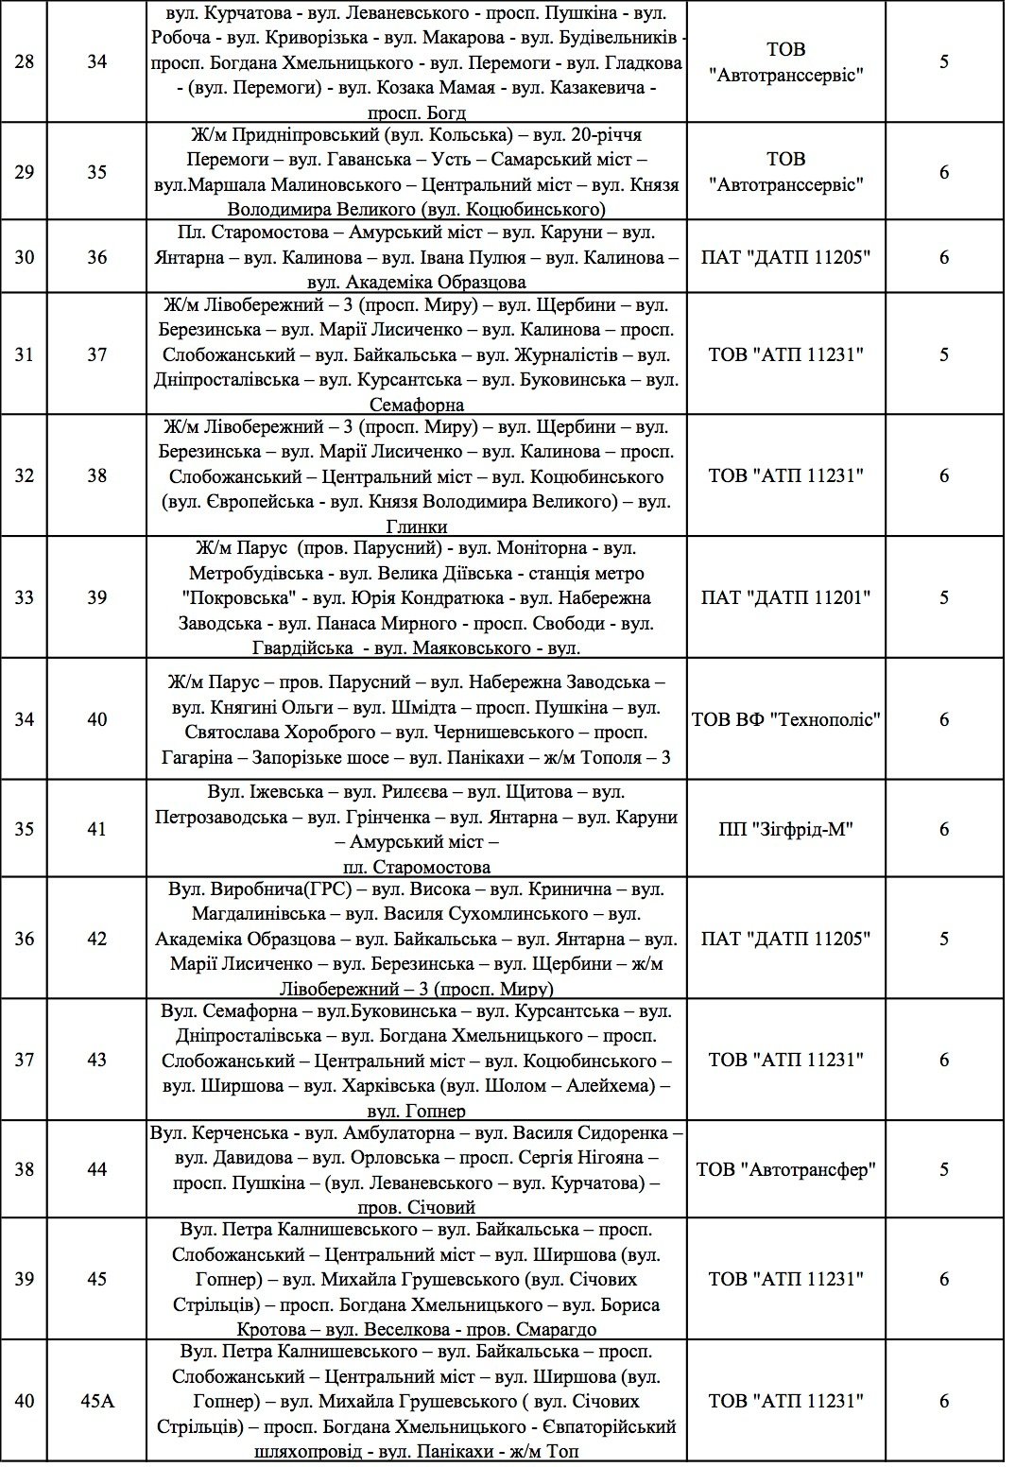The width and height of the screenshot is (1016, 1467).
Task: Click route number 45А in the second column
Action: pos(96,1401)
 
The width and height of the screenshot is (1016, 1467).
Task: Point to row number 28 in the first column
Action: pos(25,62)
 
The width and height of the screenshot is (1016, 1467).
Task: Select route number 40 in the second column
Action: pos(96,719)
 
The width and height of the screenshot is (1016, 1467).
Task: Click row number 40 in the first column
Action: pos(25,1401)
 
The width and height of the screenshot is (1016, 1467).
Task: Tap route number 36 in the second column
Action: pos(96,257)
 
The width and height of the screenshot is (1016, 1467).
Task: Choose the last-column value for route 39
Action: pos(943,597)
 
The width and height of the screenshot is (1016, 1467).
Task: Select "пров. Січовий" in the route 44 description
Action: pos(417,1207)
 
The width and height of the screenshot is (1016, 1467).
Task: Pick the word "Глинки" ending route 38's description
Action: pos(417,526)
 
